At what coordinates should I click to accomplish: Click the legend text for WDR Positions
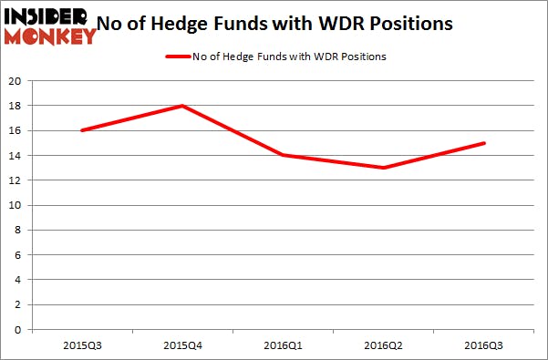coord(288,57)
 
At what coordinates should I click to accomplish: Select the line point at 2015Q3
coord(82,130)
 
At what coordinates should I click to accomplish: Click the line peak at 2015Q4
coord(183,106)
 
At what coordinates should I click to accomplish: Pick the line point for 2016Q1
coord(284,155)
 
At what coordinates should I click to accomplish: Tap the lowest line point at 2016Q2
coord(384,168)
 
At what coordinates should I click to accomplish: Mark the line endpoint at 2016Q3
coord(484,143)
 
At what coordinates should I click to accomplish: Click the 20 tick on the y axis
coord(16,81)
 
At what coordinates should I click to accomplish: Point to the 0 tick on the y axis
coord(19,329)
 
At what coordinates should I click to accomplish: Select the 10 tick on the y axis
coord(16,205)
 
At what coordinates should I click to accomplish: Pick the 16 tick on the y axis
coord(16,130)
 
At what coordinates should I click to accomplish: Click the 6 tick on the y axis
coord(19,254)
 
